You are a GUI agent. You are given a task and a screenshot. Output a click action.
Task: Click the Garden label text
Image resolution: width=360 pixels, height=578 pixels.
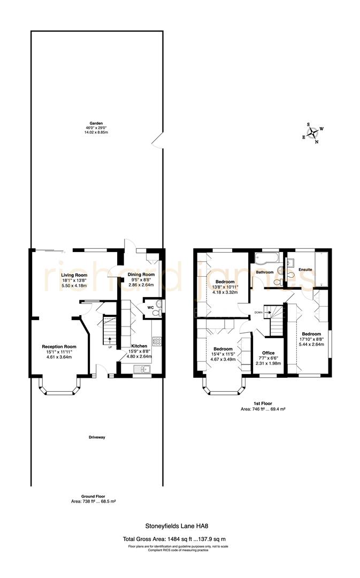click(x=96, y=123)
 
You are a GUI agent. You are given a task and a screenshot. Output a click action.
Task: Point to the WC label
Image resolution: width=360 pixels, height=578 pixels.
click(x=136, y=308)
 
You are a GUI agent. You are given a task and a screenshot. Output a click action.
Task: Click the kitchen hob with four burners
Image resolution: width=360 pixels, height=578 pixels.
click(x=158, y=340)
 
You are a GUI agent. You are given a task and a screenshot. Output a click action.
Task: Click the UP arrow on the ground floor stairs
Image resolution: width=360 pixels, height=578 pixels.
click(x=109, y=340)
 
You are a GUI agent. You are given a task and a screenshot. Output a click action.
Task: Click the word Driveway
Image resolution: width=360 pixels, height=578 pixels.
click(x=97, y=437)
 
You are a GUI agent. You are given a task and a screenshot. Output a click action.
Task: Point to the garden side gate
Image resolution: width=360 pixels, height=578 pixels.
click(x=157, y=140)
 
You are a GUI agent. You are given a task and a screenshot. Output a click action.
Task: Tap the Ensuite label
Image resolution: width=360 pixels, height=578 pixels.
click(x=305, y=269)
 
